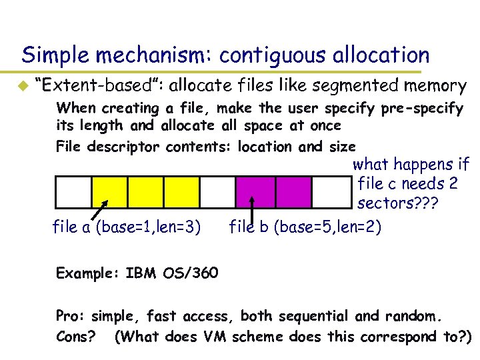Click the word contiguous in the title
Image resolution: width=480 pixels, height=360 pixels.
click(255, 54)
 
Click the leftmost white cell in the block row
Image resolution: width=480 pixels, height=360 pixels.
click(73, 193)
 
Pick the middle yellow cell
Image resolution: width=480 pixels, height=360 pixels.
click(145, 193)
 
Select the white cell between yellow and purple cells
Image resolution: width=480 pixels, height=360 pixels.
click(217, 193)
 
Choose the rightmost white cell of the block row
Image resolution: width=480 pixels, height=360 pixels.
click(331, 193)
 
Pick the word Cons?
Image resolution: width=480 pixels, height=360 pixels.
click(76, 337)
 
